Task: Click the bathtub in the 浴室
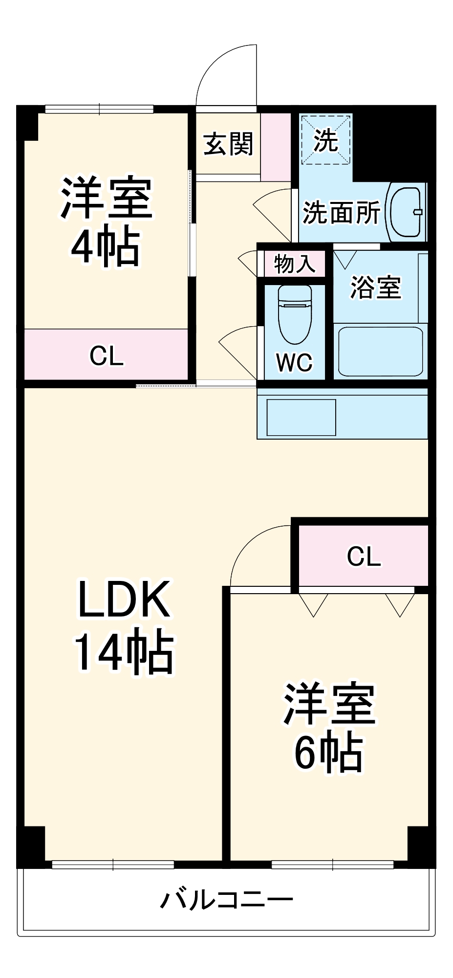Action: [380, 351]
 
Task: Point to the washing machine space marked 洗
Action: [325, 140]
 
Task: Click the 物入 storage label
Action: [294, 264]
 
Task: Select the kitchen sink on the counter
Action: [301, 417]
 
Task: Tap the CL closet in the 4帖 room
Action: [106, 356]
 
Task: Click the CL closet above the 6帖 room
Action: [364, 556]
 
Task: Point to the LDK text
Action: [124, 599]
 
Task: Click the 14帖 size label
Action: [124, 653]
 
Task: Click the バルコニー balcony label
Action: [227, 899]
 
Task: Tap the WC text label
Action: [294, 362]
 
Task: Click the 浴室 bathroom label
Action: [375, 287]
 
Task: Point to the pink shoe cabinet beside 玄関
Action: [276, 146]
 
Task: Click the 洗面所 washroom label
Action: [341, 212]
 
